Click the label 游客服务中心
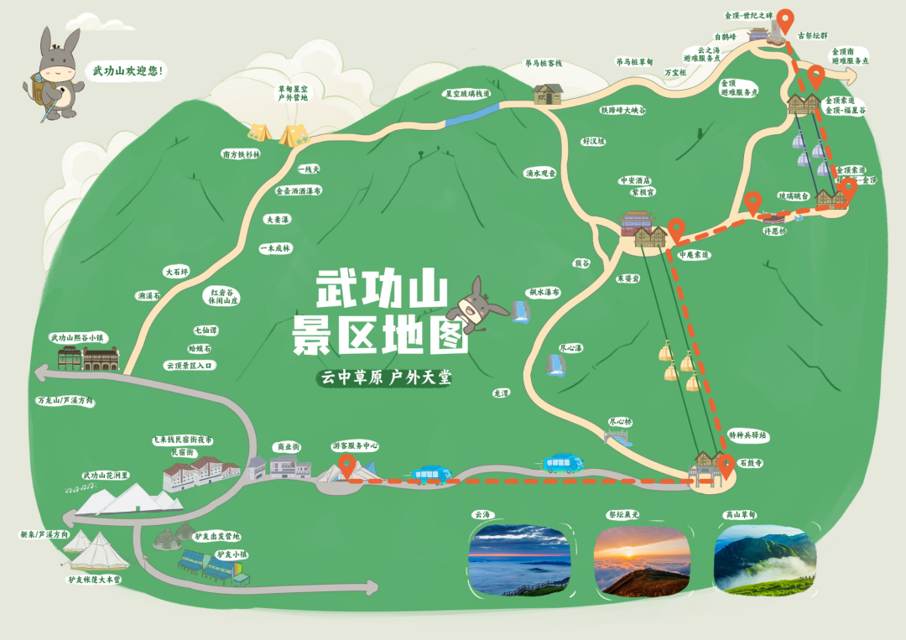pyautogui.click(x=355, y=446)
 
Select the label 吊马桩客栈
pyautogui.click(x=544, y=63)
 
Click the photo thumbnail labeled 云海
pyautogui.click(x=518, y=561)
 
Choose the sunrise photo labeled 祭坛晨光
pyautogui.click(x=642, y=561)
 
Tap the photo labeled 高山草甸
pyautogui.click(x=764, y=561)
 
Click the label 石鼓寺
pyautogui.click(x=750, y=462)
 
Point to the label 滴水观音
pyautogui.click(x=541, y=174)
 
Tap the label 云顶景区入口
pyautogui.click(x=190, y=366)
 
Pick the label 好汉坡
pyautogui.click(x=593, y=142)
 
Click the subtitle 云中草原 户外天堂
pyautogui.click(x=385, y=378)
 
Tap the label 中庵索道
pyautogui.click(x=694, y=254)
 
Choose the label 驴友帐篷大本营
pyautogui.click(x=94, y=579)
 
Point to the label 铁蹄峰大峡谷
pyautogui.click(x=622, y=110)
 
